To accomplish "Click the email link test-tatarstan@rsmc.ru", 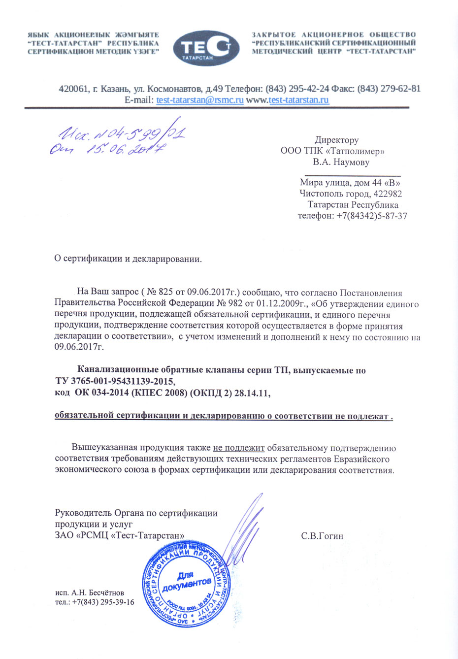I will (x=200, y=100).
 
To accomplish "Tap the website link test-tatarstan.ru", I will (x=298, y=100).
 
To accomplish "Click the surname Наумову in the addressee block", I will (x=351, y=162).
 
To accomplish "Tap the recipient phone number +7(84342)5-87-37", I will (x=372, y=216).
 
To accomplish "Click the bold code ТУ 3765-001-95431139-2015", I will (x=115, y=381).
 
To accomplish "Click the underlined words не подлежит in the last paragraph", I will (x=239, y=448).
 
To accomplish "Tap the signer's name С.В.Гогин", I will (x=322, y=536).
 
